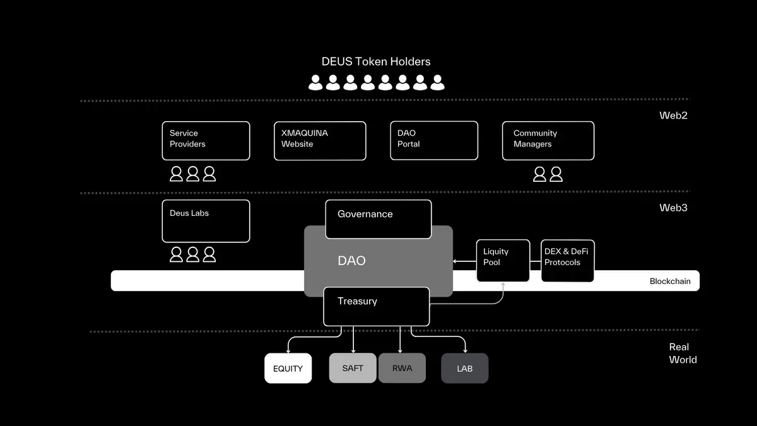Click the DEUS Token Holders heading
pyautogui.click(x=376, y=62)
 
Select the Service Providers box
pyautogui.click(x=206, y=141)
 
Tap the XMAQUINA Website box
pyautogui.click(x=320, y=141)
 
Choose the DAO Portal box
pyautogui.click(x=433, y=141)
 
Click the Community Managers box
pyautogui.click(x=548, y=141)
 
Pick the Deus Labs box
pyautogui.click(x=206, y=221)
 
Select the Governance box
pyautogui.click(x=378, y=219)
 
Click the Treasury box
pyautogui.click(x=376, y=306)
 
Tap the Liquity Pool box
pyautogui.click(x=502, y=260)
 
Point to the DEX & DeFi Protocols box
pyautogui.click(x=567, y=260)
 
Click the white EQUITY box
pyautogui.click(x=288, y=369)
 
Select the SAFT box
pyautogui.click(x=353, y=368)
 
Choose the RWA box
pyautogui.click(x=402, y=368)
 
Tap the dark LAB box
pyautogui.click(x=464, y=369)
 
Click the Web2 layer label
pyautogui.click(x=673, y=115)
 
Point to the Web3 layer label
pyautogui.click(x=673, y=208)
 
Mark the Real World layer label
pyautogui.click(x=683, y=353)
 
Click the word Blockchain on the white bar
pyautogui.click(x=670, y=281)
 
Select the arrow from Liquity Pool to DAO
pyautogui.click(x=464, y=261)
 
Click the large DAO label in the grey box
pyautogui.click(x=351, y=261)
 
